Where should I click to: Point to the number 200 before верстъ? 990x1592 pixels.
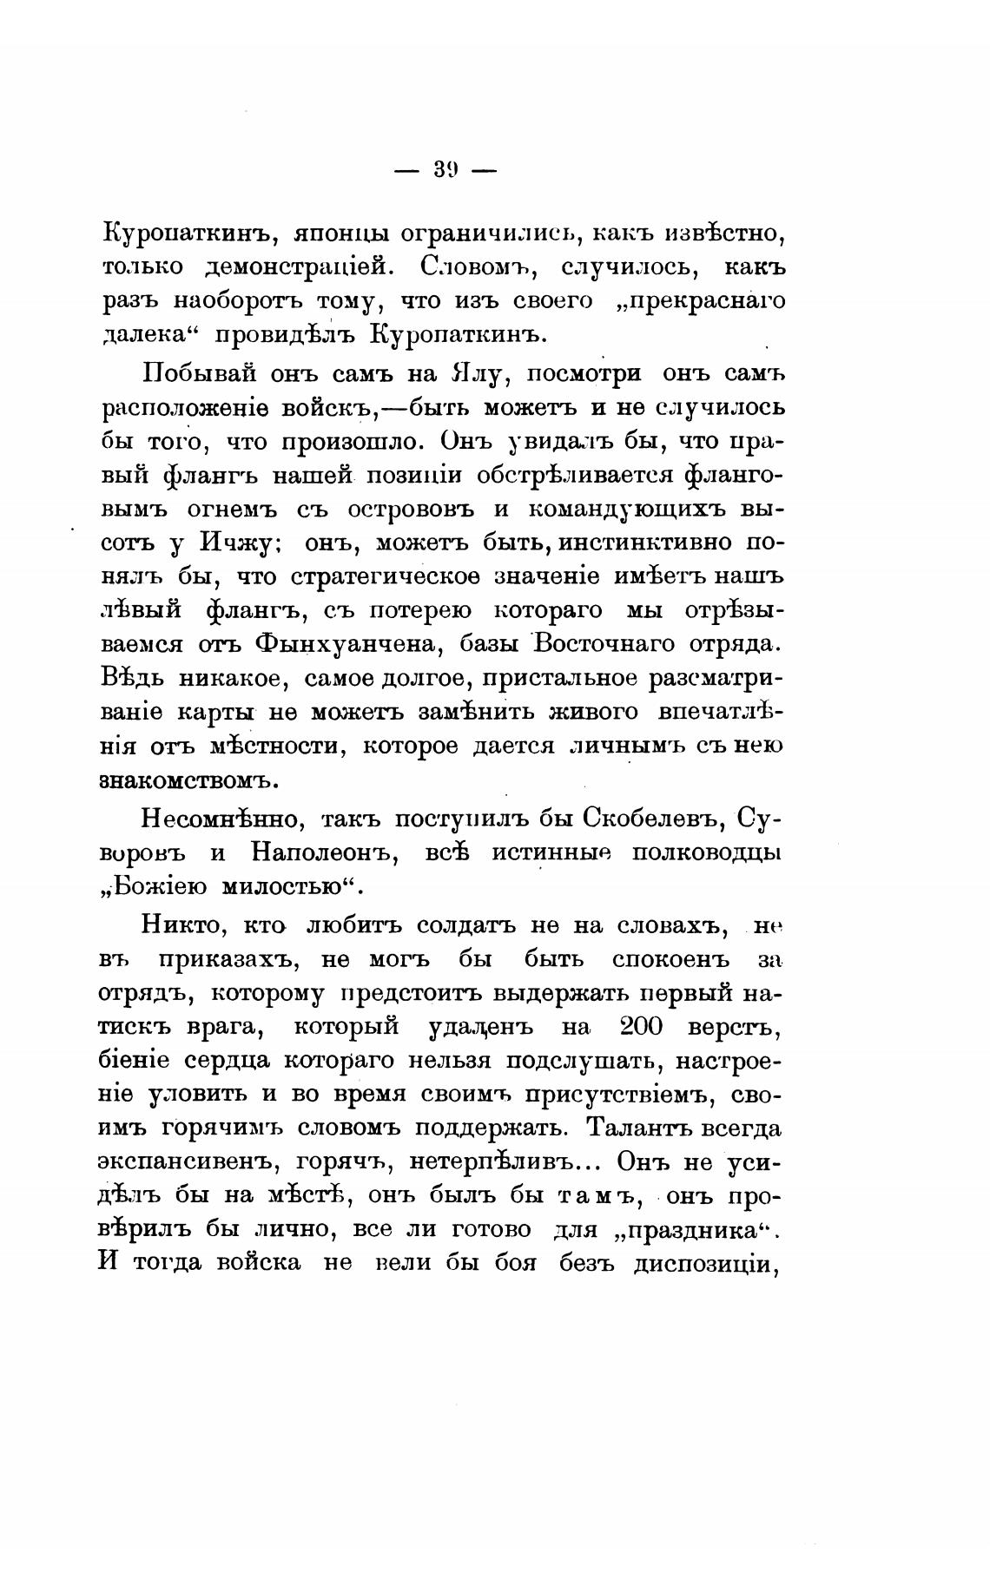pyautogui.click(x=641, y=1027)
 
